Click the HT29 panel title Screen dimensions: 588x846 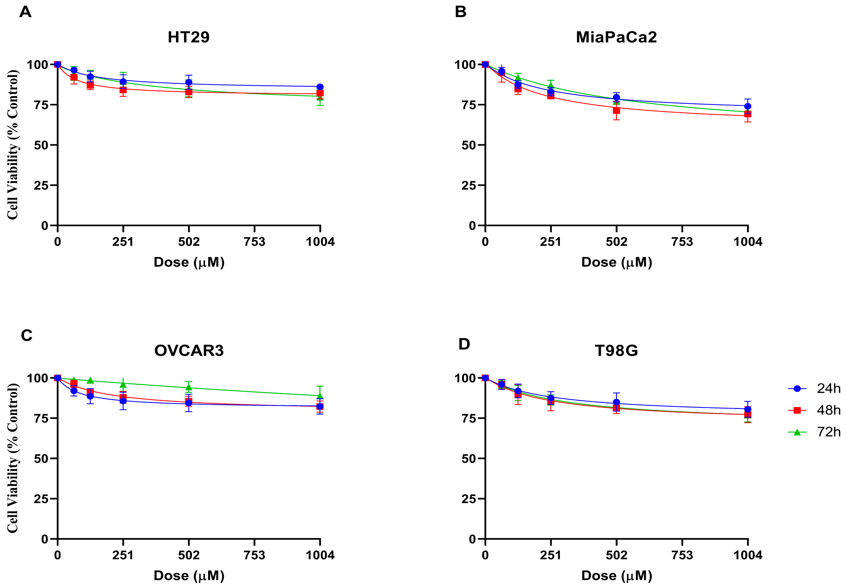(x=189, y=37)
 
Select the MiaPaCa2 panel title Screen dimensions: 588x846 (x=616, y=37)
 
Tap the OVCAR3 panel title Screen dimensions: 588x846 (x=189, y=350)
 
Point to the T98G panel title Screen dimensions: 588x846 (x=616, y=350)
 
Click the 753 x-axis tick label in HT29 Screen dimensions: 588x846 (x=255, y=242)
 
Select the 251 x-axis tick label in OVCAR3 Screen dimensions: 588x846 (x=123, y=556)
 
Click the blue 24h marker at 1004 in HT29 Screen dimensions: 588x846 (x=320, y=87)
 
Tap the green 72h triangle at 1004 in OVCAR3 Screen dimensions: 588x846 (x=320, y=396)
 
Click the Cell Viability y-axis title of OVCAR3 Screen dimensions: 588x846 (x=13, y=458)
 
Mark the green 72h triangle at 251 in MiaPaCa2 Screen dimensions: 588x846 (x=551, y=85)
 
